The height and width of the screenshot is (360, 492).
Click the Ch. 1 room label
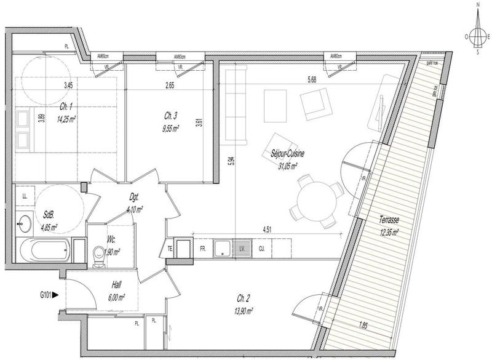click(64, 106)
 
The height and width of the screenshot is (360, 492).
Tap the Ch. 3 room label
click(171, 116)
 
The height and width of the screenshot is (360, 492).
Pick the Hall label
click(116, 284)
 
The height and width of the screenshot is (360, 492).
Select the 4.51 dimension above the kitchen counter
click(268, 230)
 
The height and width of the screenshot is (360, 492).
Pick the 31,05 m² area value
click(287, 166)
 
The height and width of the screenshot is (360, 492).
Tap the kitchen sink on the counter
click(223, 248)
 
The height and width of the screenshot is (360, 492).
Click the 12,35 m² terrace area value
click(387, 232)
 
